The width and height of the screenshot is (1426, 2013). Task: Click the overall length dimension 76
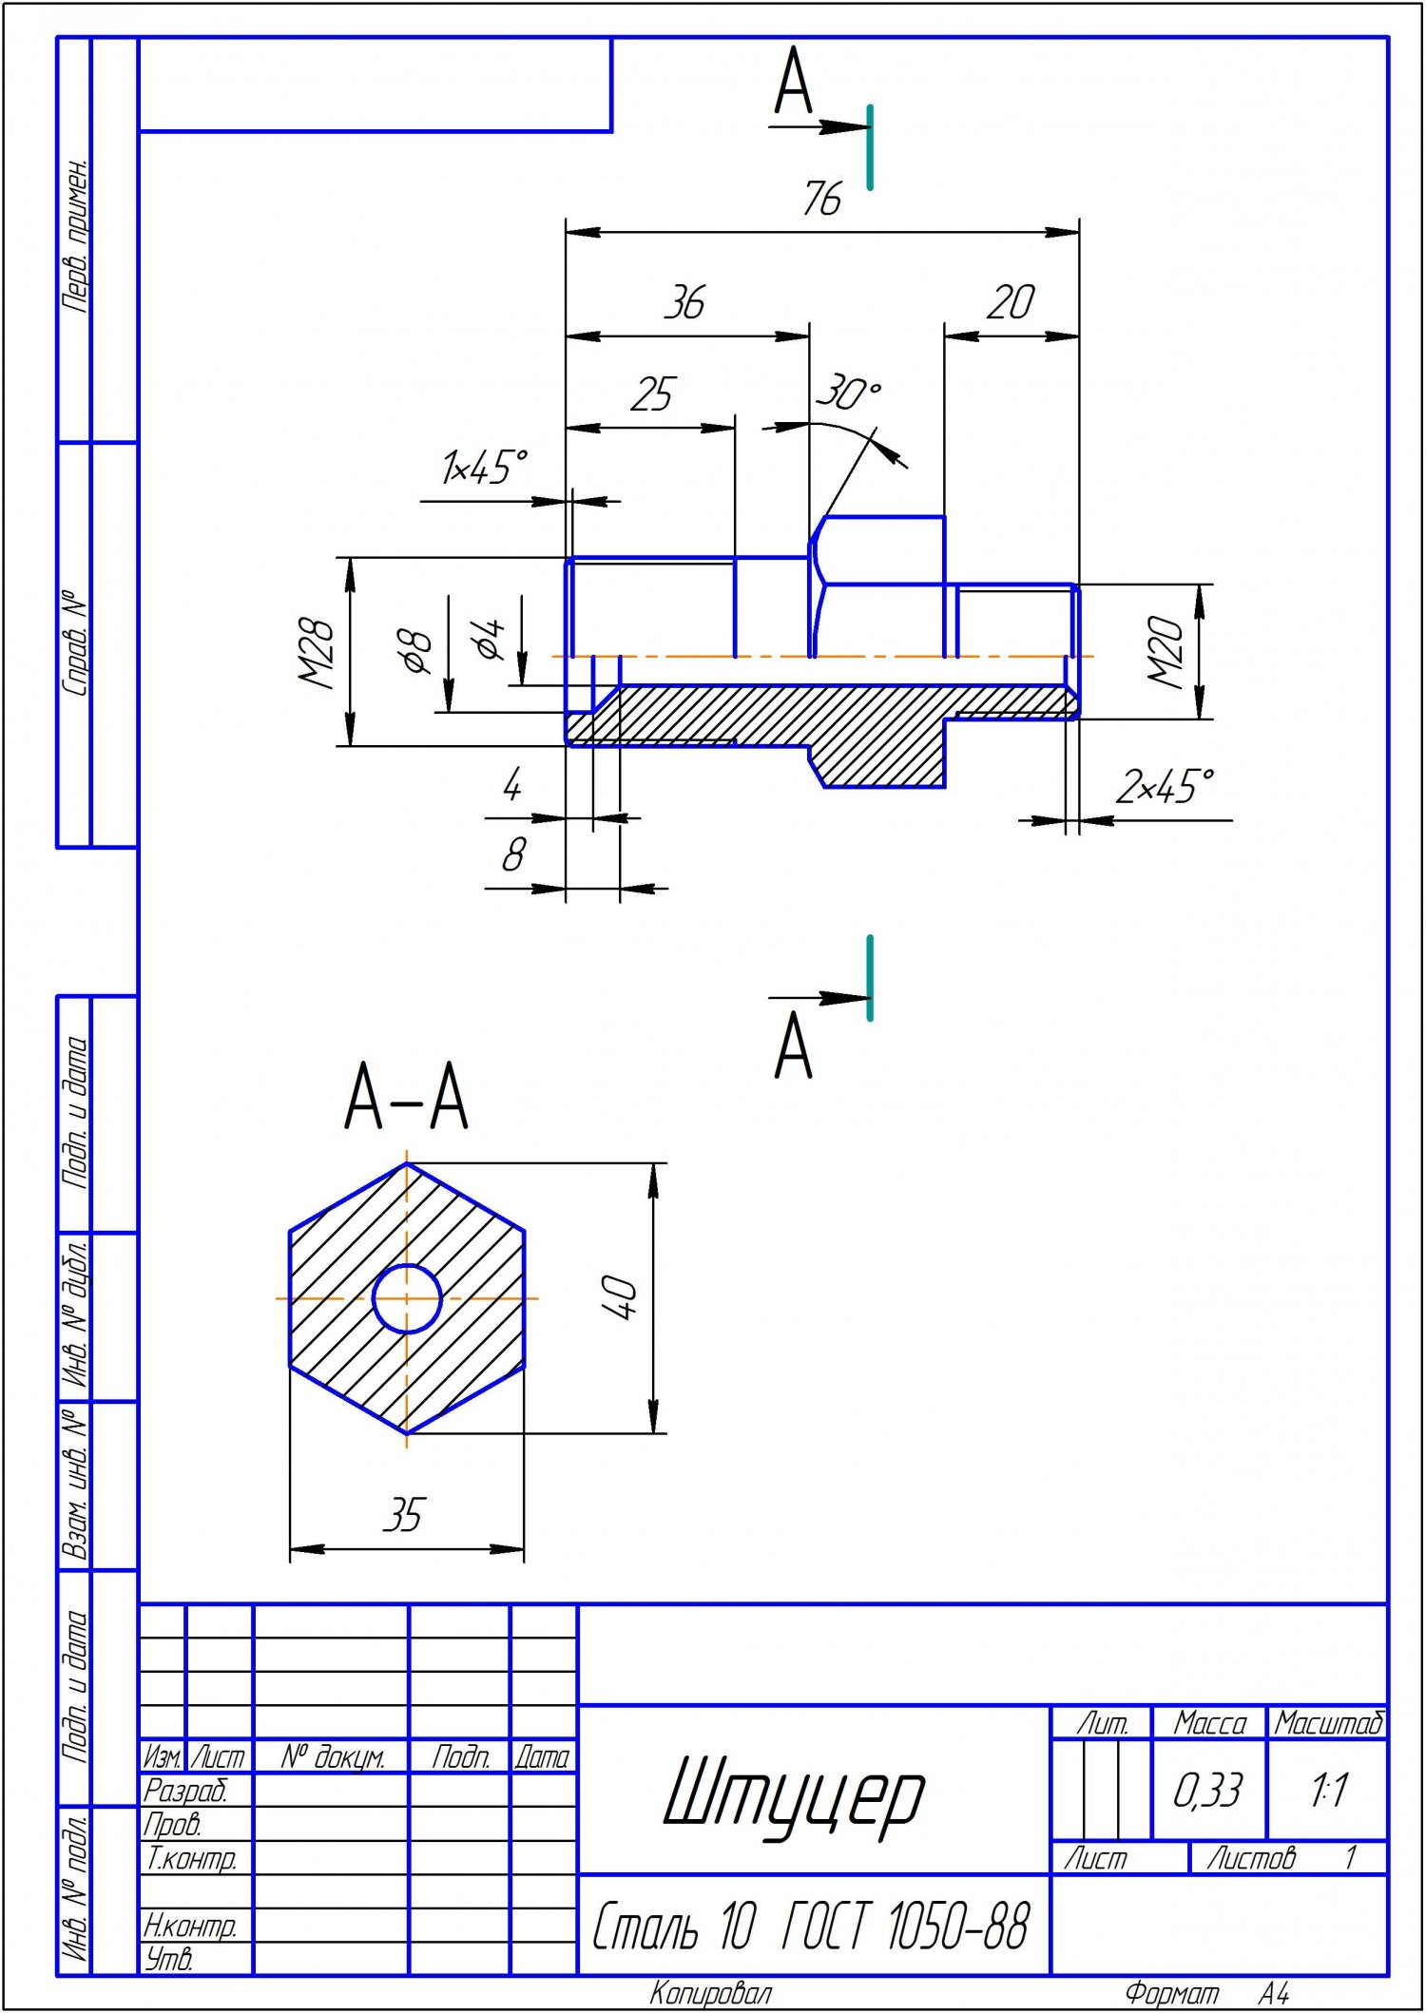(822, 199)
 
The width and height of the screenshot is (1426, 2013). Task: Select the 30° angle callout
(848, 393)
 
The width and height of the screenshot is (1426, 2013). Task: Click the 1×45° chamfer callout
(483, 468)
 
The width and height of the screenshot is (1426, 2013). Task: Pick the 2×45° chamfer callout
(1165, 787)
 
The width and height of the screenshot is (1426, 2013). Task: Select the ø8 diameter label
(417, 652)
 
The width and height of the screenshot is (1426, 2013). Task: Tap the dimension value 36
(684, 302)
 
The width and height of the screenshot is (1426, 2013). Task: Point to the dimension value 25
(652, 393)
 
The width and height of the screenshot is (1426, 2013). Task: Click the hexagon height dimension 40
(619, 1297)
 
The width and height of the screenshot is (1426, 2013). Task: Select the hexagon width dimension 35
(403, 1515)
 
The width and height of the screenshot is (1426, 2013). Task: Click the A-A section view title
(406, 1097)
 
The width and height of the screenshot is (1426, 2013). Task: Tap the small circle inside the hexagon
(407, 1298)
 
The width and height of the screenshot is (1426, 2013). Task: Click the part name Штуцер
(794, 1793)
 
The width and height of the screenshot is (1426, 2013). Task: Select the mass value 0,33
(1207, 1791)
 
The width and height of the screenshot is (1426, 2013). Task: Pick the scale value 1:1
(1327, 1791)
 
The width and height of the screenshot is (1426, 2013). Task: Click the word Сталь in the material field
(646, 1927)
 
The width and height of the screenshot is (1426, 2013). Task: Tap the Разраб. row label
(186, 1791)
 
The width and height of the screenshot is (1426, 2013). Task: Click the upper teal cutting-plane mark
(870, 147)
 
